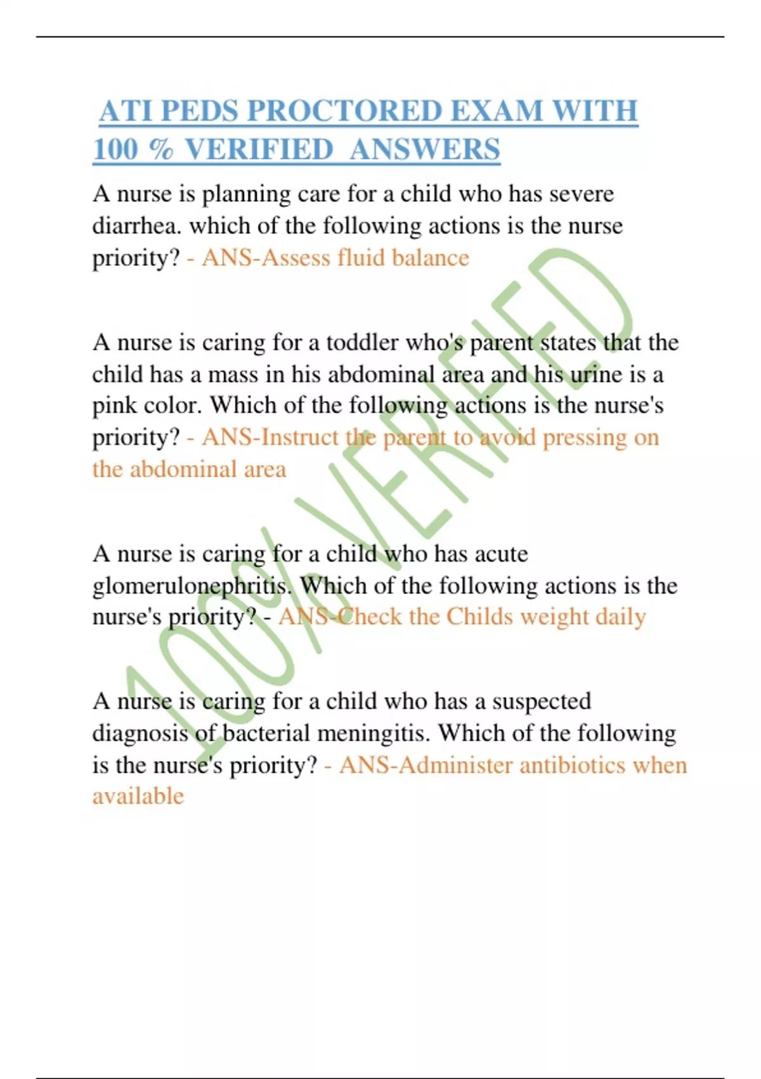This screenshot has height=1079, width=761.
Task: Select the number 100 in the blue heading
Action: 115,150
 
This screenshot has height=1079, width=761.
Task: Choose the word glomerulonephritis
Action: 190,586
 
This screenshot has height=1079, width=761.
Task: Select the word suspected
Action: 542,701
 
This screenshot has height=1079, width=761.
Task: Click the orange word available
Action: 138,796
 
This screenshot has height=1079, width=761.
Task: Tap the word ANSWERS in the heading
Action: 424,150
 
